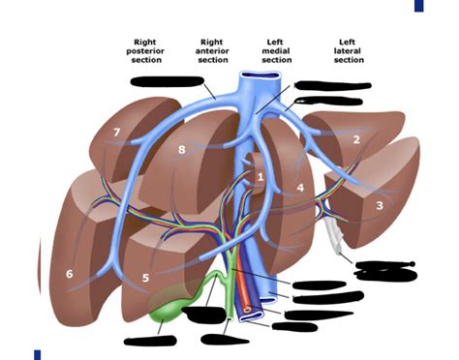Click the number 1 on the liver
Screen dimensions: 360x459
point(260,176)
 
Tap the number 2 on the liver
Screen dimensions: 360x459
point(356,140)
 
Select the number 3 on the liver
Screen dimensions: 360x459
point(380,205)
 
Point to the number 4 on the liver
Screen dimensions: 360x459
point(301,187)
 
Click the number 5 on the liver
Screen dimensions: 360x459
point(146,278)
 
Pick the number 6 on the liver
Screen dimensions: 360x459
point(69,274)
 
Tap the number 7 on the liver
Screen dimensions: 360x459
point(116,133)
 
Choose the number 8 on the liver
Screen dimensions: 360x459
point(181,150)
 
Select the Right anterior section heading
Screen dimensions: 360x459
point(212,51)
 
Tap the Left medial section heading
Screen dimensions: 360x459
point(277,51)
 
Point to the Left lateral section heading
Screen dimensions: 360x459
point(349,51)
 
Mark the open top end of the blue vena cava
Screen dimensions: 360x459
point(261,78)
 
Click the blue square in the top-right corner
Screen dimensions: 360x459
point(419,6)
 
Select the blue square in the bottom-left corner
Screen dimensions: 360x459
point(37,354)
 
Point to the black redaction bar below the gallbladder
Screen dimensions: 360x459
point(153,340)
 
